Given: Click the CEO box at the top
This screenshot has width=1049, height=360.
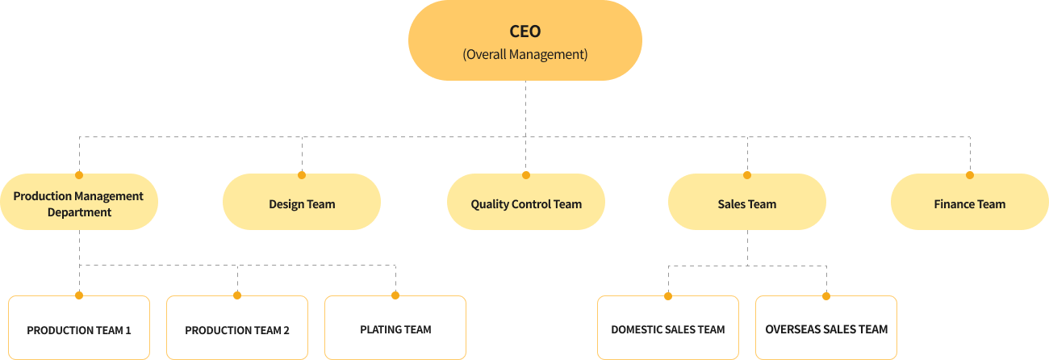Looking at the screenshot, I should coord(524,40).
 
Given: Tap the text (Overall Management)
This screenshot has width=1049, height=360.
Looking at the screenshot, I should coord(524,56).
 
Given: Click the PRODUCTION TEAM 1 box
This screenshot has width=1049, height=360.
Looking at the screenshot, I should coord(79,328).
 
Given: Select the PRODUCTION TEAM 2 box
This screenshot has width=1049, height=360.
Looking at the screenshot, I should coord(237,328).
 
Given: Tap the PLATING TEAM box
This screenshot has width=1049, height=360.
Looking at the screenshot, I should coord(395,328).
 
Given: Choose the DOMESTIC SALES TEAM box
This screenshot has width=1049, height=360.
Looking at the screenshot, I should coord(668,328).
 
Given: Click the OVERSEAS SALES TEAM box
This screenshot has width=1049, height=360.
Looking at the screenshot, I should coord(826,328).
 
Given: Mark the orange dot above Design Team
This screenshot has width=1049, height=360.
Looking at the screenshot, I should coord(302,174).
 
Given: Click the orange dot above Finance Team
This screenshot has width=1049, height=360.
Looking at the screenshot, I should coord(970,174).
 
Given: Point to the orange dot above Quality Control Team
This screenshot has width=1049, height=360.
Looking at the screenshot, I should coord(526,174).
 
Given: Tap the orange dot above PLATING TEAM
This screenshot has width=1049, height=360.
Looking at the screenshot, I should coord(395,295).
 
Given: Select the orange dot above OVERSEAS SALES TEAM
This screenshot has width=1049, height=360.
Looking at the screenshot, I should coord(826,295).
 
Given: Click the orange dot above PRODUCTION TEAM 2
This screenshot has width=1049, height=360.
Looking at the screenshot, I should coord(237,295).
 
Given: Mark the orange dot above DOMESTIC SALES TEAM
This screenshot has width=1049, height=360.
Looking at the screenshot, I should coord(668,295).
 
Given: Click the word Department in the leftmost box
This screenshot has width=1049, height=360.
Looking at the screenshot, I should coord(79,212).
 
